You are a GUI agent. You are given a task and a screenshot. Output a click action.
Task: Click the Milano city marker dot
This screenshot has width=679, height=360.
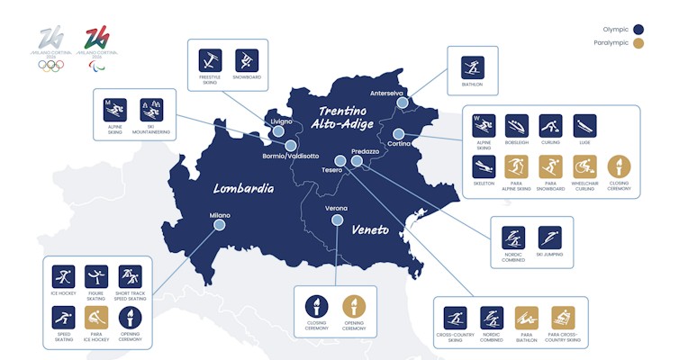click(x=218, y=227)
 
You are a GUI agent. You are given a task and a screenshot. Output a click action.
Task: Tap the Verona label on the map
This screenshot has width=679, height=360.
click(x=335, y=208)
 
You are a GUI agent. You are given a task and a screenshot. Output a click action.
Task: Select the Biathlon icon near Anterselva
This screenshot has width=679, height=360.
click(x=473, y=67)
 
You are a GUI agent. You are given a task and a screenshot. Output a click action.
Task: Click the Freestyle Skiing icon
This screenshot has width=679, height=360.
click(x=210, y=60)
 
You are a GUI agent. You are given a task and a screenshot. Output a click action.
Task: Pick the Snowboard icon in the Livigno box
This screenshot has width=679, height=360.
click(x=246, y=60)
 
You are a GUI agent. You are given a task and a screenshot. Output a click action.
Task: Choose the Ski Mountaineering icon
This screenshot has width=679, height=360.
click(x=150, y=112)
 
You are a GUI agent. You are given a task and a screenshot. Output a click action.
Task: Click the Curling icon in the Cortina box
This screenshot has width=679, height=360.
click(x=550, y=126)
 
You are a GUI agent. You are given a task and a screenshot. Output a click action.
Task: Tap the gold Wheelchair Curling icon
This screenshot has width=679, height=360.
click(x=584, y=167)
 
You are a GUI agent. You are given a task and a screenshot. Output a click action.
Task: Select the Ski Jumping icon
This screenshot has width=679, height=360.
click(x=548, y=238)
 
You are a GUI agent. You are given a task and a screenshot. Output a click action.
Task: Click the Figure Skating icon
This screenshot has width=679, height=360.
click(x=96, y=276)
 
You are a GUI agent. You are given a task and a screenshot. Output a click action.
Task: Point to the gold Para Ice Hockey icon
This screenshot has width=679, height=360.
click(x=96, y=317)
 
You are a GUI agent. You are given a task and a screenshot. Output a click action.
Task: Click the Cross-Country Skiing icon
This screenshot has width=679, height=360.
click(x=456, y=319)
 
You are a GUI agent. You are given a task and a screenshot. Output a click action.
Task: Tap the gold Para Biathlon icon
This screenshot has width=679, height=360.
click(x=526, y=319)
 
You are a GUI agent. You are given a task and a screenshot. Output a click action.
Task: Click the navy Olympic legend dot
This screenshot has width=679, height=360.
click(x=638, y=29)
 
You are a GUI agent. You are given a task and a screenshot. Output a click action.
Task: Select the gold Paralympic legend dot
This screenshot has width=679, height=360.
click(x=638, y=42)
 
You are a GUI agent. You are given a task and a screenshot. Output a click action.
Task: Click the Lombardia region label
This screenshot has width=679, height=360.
click(x=243, y=189)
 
